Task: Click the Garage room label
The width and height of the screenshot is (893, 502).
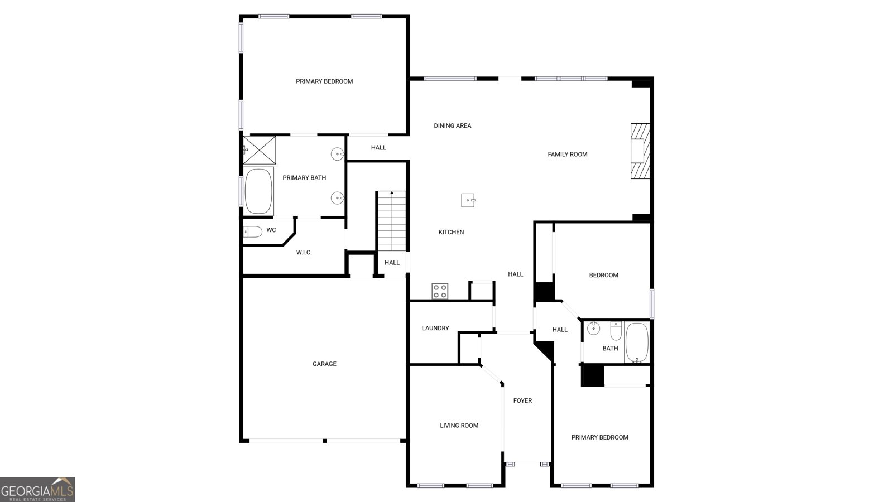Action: (324, 364)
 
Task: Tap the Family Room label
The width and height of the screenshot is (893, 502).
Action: (567, 154)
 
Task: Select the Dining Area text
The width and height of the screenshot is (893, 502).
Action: (453, 126)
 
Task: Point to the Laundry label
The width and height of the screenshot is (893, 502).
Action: (435, 328)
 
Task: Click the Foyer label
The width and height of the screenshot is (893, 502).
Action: (522, 400)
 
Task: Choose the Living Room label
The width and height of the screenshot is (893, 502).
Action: (459, 426)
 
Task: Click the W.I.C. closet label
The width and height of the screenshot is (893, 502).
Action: (304, 252)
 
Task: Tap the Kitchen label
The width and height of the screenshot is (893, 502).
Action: (451, 232)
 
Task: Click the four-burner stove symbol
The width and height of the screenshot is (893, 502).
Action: (440, 291)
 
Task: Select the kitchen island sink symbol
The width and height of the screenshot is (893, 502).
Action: (468, 200)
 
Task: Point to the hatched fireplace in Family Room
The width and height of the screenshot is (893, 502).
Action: (640, 151)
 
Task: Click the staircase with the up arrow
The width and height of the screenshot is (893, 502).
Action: (392, 221)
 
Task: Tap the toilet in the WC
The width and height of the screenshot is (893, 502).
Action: (253, 231)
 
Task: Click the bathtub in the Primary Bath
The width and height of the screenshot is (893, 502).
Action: (259, 192)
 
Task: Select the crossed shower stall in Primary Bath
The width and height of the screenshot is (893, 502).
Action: (259, 150)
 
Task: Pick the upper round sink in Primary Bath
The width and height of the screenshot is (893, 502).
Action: (337, 154)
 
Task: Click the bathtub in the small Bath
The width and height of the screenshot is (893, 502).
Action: (637, 342)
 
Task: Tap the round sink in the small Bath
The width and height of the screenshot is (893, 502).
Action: (594, 329)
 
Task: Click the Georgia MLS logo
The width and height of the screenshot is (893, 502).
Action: (37, 490)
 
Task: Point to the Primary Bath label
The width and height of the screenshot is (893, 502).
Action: (304, 178)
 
